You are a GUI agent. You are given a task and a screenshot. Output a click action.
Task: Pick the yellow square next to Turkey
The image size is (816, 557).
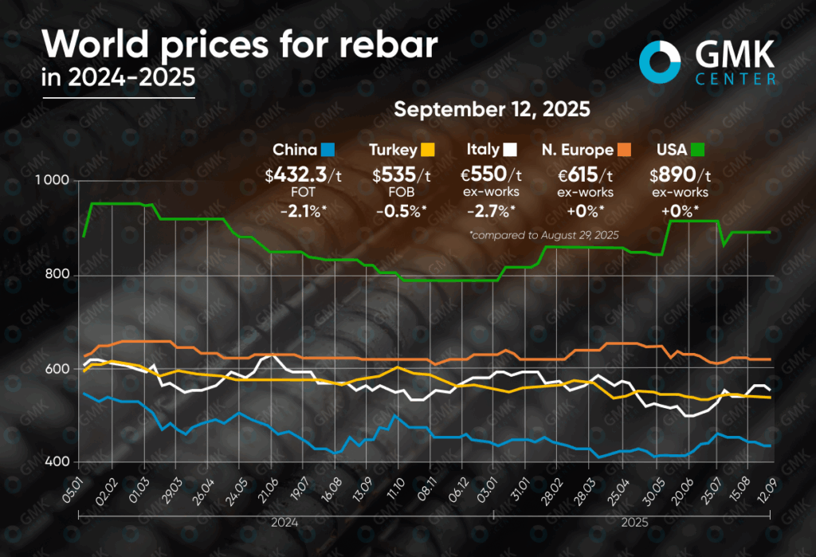(428, 149)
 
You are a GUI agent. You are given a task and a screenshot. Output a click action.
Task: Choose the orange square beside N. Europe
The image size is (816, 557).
(624, 149)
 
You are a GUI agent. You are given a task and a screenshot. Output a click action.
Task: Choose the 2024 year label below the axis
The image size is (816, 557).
(284, 523)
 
